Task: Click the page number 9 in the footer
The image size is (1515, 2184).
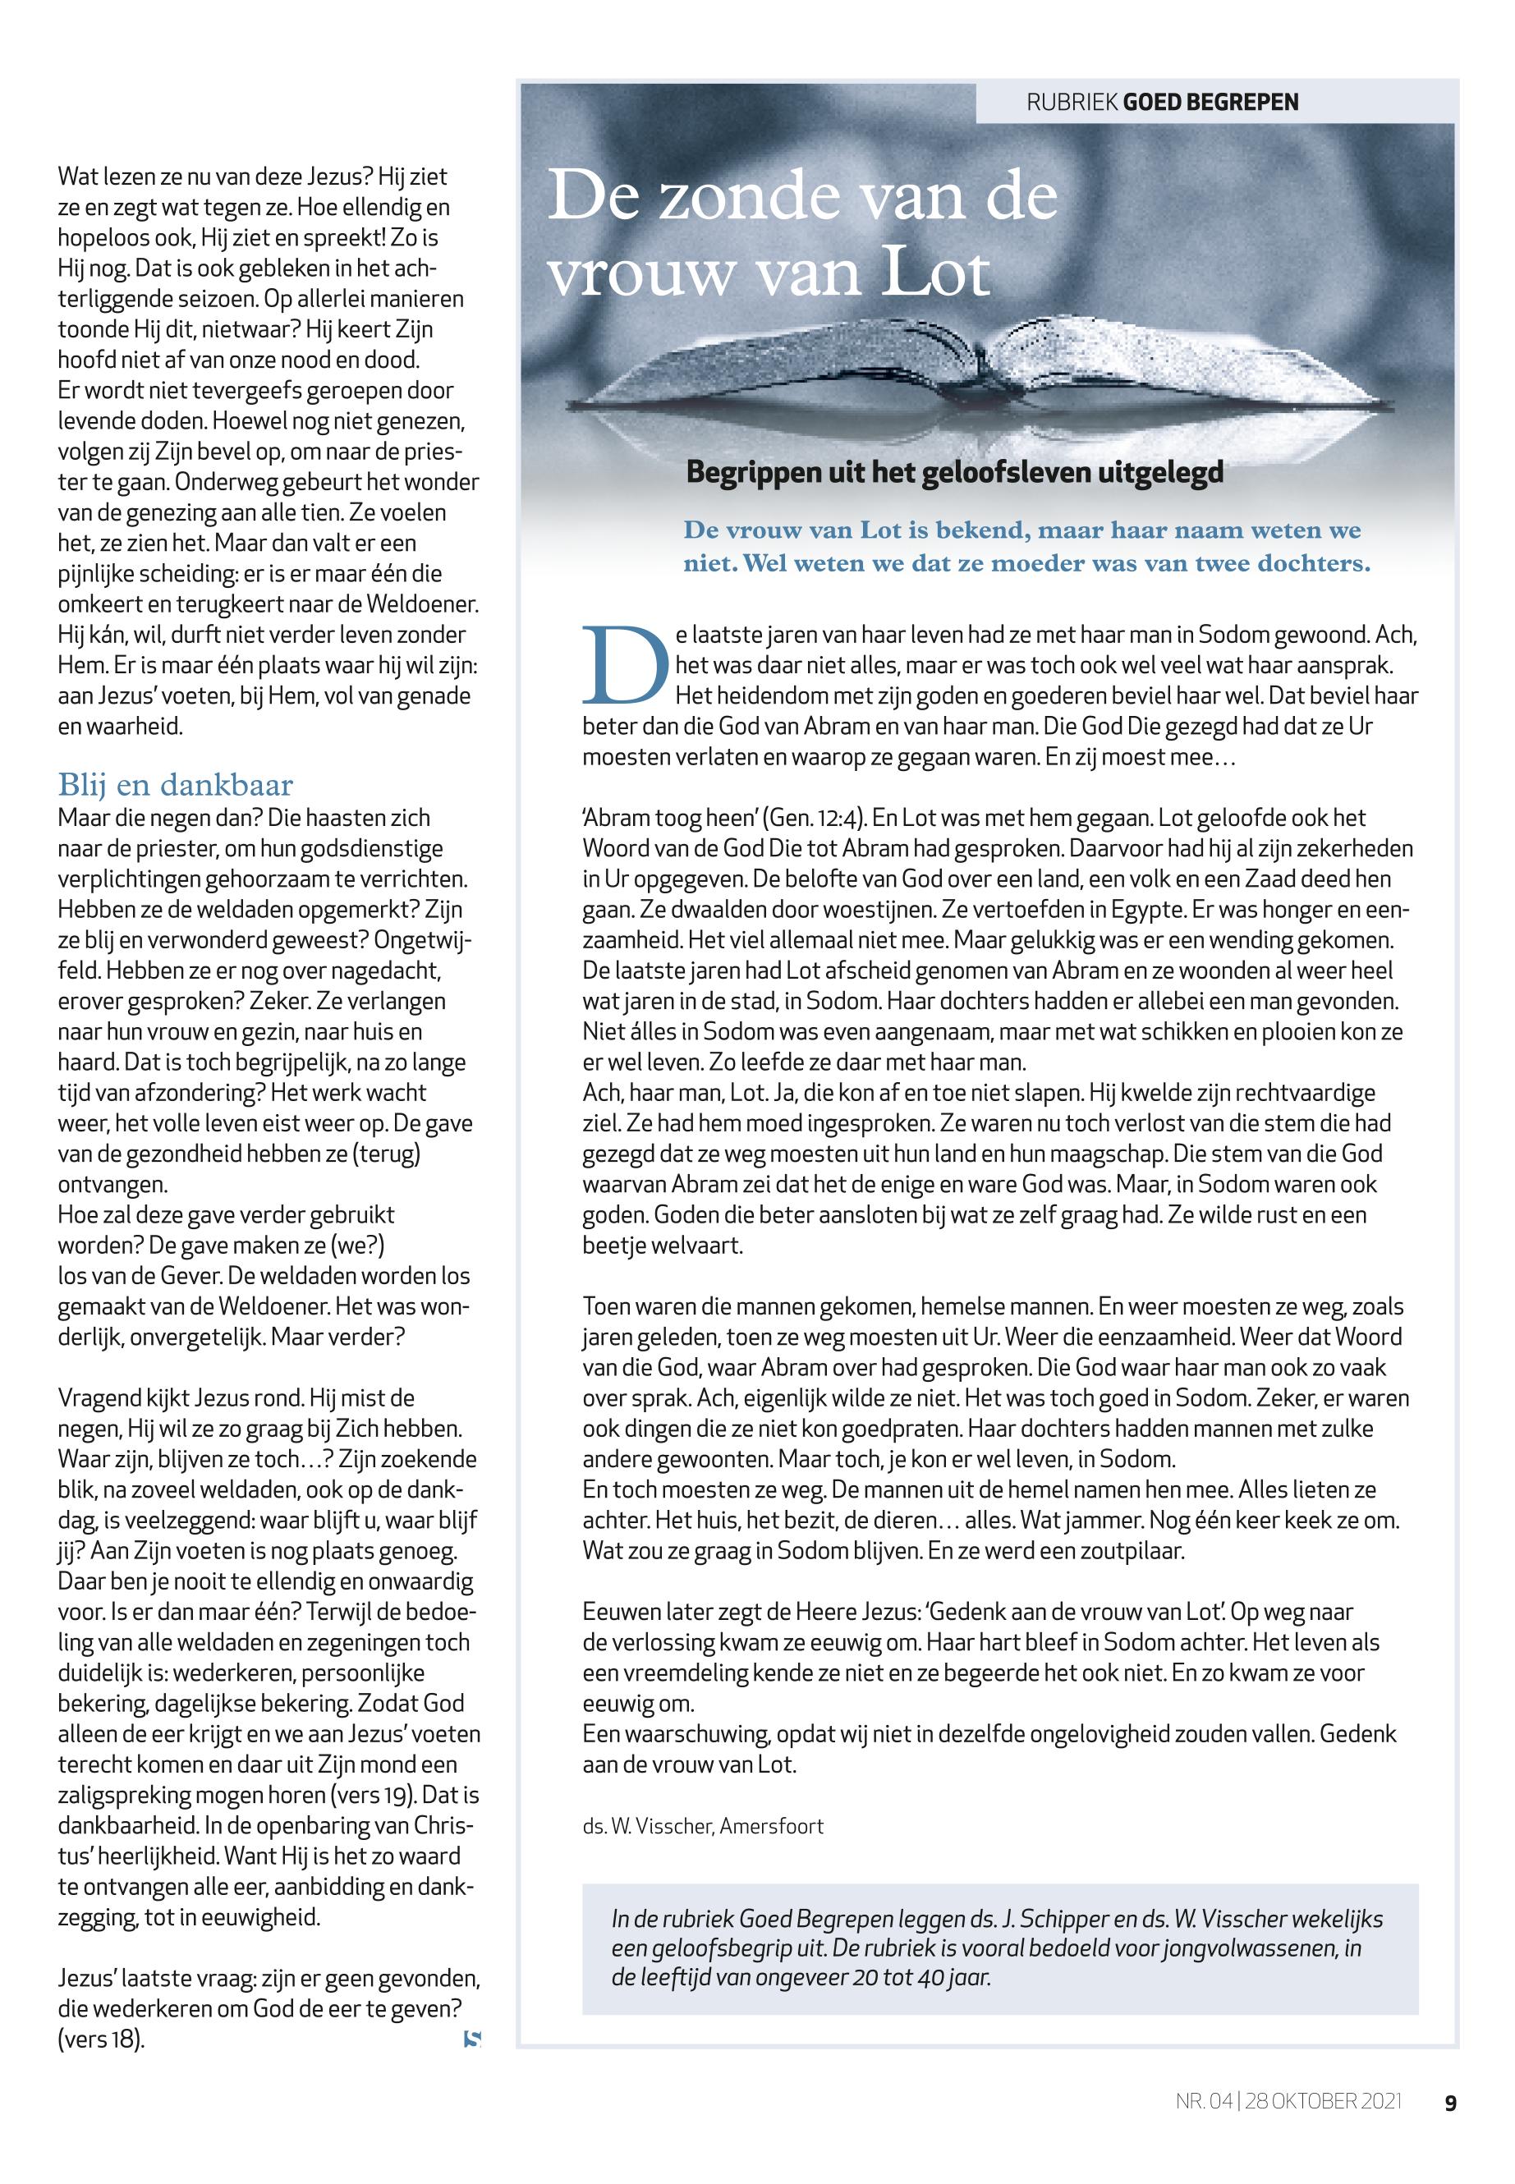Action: pos(1449,2103)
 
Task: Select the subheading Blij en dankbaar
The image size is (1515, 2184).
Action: pos(176,785)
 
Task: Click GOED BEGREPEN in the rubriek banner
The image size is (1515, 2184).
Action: pos(1210,102)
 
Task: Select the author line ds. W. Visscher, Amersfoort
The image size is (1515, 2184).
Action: pos(702,1825)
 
